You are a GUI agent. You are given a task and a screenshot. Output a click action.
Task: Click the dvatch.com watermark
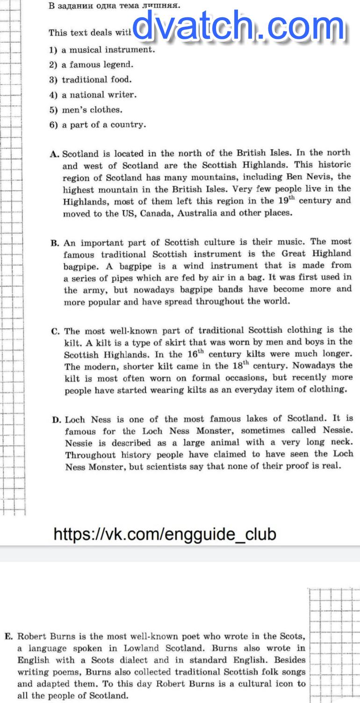tap(241, 28)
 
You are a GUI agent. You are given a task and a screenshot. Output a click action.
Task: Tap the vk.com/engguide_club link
tap(165, 534)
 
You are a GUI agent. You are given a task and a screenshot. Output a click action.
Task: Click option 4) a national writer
tap(93, 94)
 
